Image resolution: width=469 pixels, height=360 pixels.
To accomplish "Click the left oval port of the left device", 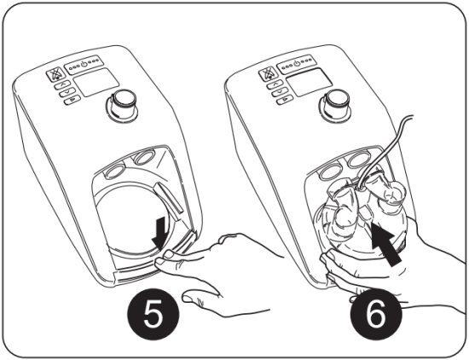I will point(112,160).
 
